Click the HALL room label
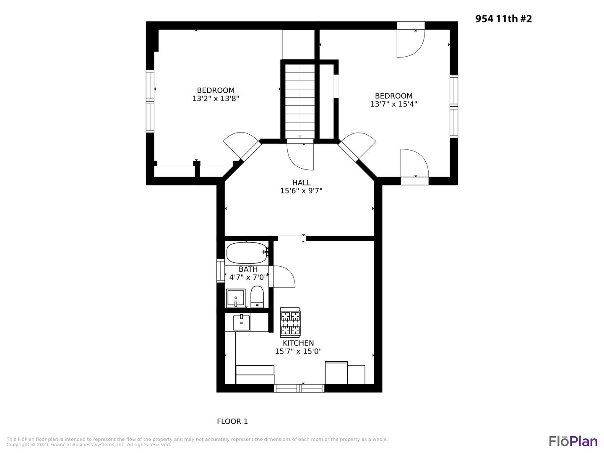[x=301, y=182]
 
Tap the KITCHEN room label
[x=298, y=343]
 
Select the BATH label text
[x=248, y=269]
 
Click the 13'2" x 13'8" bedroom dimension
[x=216, y=99]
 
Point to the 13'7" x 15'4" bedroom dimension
[x=393, y=104]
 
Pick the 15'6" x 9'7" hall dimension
[x=301, y=190]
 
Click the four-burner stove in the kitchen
[x=290, y=323]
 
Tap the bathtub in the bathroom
[x=247, y=253]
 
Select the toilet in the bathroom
[x=257, y=297]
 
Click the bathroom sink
[x=236, y=298]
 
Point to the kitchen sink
[x=241, y=323]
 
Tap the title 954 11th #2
[x=504, y=19]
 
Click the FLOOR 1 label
[x=232, y=422]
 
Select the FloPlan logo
[x=573, y=441]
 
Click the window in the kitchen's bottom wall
[x=299, y=388]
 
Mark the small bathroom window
[x=220, y=271]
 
